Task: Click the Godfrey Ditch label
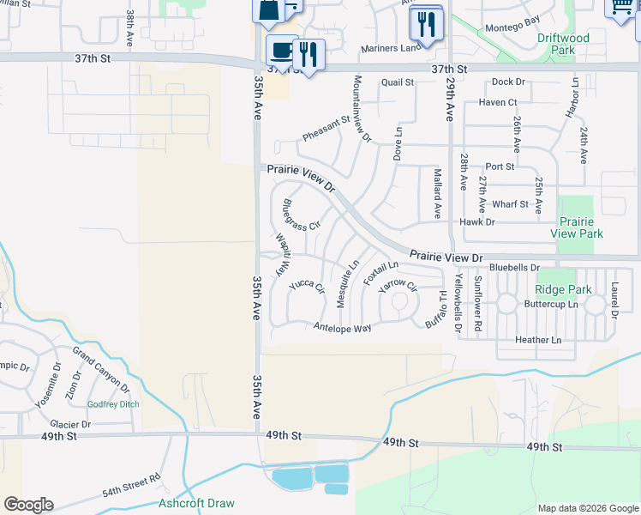(x=109, y=404)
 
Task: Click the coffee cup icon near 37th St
(x=281, y=50)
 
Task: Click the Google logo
(x=27, y=505)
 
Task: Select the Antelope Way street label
(x=342, y=327)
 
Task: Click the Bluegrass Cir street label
(x=301, y=215)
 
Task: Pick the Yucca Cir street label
(x=306, y=286)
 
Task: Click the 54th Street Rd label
(x=131, y=485)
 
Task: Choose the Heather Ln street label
(x=538, y=340)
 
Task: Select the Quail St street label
(x=398, y=82)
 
